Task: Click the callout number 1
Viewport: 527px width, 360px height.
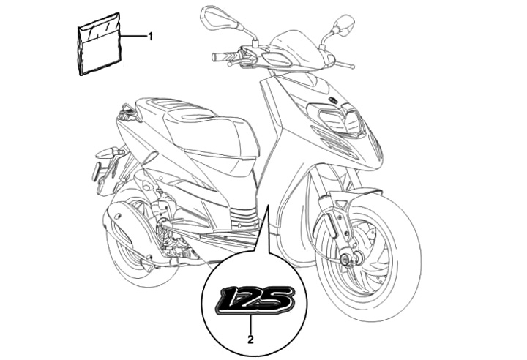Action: (150, 35)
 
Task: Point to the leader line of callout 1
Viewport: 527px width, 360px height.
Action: (133, 36)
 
